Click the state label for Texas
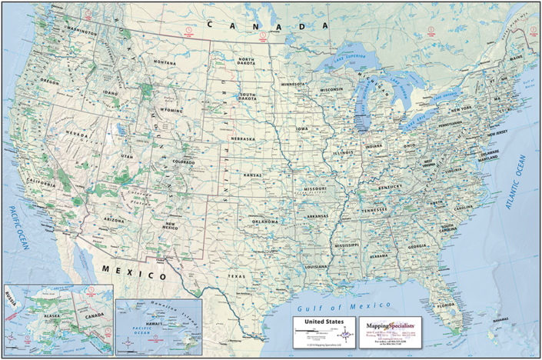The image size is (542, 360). click(x=235, y=275)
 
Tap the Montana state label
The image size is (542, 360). click(x=164, y=62)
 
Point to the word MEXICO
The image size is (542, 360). click(x=134, y=272)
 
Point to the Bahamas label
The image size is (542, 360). click(x=501, y=318)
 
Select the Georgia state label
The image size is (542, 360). click(x=417, y=246)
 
